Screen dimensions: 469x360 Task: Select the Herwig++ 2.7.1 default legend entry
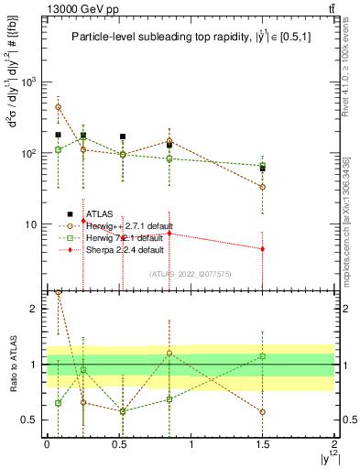tap(124, 225)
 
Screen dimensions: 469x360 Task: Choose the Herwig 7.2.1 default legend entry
tap(122, 237)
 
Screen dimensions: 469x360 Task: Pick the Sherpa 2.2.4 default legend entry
tap(122, 249)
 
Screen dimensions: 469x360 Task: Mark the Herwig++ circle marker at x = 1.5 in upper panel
tap(263, 187)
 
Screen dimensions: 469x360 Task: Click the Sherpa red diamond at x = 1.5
tap(263, 249)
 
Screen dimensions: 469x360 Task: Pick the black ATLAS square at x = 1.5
tap(263, 169)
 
